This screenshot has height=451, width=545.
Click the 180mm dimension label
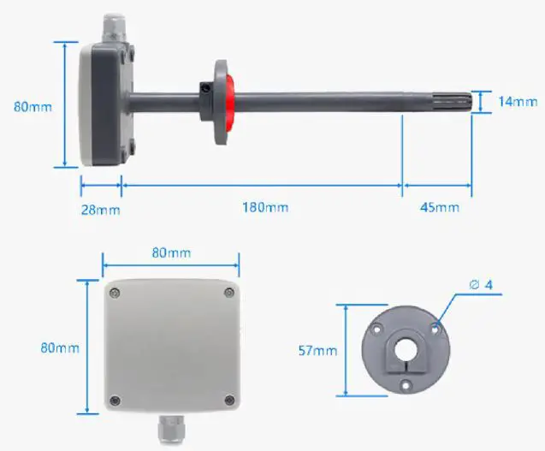[x=264, y=208]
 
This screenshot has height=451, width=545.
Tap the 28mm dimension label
[x=100, y=209]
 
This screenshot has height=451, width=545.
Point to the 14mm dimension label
[x=517, y=102]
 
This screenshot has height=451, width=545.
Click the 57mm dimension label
[x=317, y=351]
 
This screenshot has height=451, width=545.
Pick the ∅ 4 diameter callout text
[x=480, y=284]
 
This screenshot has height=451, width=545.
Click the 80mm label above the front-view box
[x=171, y=253]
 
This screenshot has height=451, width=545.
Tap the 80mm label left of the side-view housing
[x=33, y=107]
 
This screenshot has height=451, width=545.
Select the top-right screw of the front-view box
[x=228, y=294]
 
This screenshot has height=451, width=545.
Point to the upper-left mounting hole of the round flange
[x=376, y=327]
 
